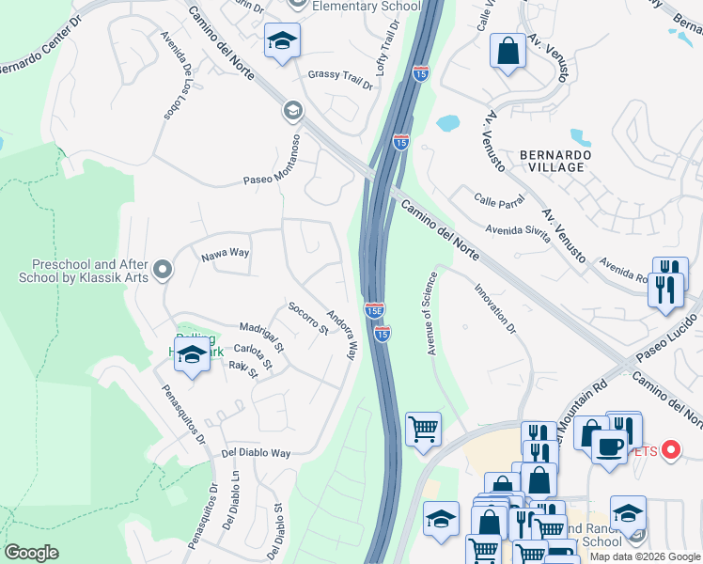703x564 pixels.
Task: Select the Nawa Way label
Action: coord(225,253)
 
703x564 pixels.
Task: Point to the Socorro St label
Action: coord(307,318)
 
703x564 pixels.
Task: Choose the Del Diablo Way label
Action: coord(256,453)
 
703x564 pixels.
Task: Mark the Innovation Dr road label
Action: coord(495,309)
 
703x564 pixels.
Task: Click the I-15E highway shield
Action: coord(374,309)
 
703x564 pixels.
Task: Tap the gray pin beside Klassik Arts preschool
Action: coord(163,271)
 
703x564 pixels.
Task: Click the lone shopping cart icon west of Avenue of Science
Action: coord(424,429)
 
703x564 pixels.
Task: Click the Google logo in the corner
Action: coord(31,553)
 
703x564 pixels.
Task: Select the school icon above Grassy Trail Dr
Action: coord(281,41)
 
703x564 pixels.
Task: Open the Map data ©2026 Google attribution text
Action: coord(645,556)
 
